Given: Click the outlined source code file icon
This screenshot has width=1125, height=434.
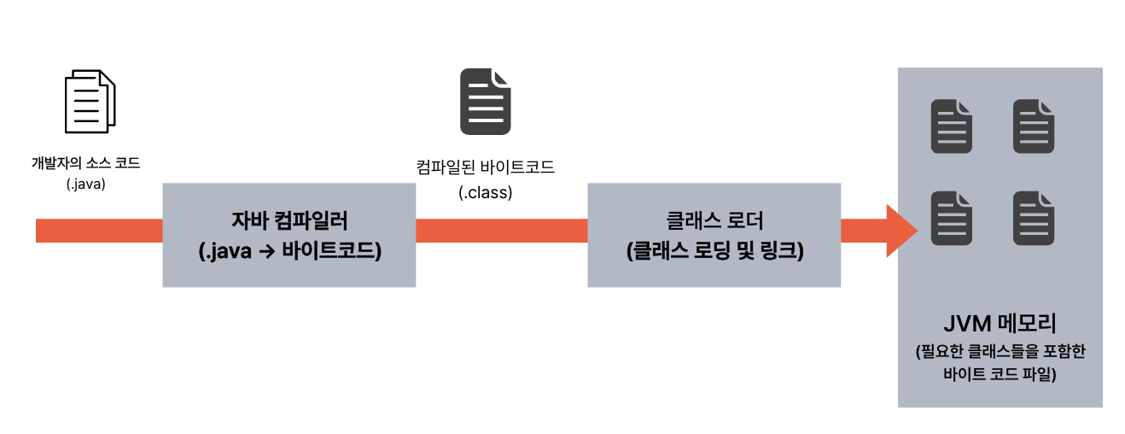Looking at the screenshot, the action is click(90, 102).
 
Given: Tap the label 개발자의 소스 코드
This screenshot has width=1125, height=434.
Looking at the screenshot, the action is click(85, 163).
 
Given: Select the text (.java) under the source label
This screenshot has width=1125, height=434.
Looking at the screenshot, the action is click(85, 183).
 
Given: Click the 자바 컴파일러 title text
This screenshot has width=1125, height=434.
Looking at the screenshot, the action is click(289, 220).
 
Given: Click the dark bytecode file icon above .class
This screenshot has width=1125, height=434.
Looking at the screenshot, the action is click(486, 103).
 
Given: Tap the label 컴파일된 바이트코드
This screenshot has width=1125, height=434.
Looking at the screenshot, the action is click(485, 167).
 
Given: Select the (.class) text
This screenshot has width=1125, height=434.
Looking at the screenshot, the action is click(486, 193).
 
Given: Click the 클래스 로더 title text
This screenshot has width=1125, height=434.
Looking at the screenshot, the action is click(714, 220).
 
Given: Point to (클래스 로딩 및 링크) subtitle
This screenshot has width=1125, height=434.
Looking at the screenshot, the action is click(714, 251).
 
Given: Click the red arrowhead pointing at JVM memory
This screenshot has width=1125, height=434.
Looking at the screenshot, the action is click(901, 231).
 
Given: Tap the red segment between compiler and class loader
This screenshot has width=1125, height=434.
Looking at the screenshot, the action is click(501, 231).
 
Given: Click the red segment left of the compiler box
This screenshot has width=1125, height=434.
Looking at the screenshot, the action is click(99, 231).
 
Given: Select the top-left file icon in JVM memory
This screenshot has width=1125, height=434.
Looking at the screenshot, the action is click(952, 126).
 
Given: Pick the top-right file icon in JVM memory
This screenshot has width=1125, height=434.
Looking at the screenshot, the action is click(1034, 126).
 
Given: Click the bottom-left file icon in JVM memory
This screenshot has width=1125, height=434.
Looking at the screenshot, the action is click(952, 218).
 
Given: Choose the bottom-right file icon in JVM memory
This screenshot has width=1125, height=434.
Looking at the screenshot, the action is click(1034, 218).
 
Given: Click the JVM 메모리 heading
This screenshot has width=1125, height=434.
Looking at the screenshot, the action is click(1000, 325).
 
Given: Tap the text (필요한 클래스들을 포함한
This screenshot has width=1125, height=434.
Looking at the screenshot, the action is click(1000, 352).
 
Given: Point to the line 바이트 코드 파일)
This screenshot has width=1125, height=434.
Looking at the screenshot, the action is click(1000, 373).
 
